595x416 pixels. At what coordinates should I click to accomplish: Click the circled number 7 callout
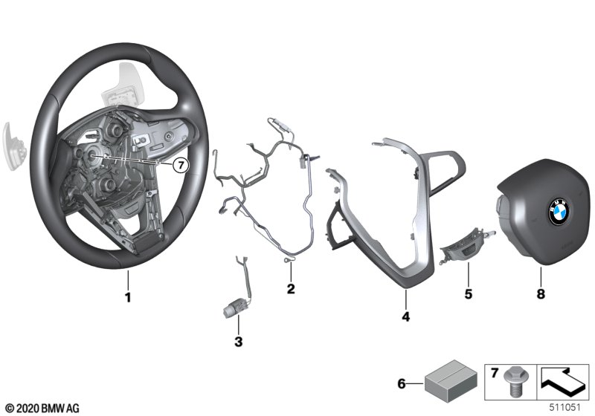180,165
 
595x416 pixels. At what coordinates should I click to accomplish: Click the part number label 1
128,297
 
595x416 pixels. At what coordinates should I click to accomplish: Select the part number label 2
291,289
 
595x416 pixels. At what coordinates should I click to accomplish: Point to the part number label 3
238,342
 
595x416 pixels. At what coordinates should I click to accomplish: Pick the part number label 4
405,316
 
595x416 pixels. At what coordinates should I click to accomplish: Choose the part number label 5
469,293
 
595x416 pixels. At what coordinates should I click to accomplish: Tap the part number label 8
541,293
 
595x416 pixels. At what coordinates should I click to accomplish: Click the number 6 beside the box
402,383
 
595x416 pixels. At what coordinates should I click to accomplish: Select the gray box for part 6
451,381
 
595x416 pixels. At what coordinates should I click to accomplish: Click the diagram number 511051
565,408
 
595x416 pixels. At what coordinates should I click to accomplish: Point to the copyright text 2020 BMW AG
42,408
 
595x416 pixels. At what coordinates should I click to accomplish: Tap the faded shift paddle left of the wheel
13,146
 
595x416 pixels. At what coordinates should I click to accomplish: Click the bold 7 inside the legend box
494,373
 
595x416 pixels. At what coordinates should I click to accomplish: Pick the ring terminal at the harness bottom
287,259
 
